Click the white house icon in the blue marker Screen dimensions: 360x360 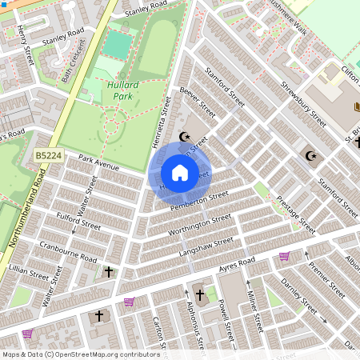[180, 173]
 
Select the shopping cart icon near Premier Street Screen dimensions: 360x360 [284, 256]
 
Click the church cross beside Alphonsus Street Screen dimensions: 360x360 [199, 296]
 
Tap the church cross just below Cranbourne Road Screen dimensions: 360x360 [110, 272]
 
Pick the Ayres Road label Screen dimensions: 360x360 [238, 263]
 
